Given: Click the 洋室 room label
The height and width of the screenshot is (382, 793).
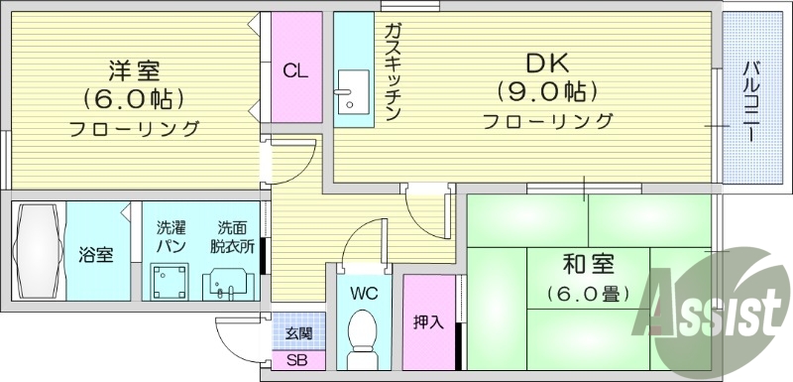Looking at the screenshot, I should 134,70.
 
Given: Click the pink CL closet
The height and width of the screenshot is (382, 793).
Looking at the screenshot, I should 294,69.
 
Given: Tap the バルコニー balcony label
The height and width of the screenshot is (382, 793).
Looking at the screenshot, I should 750,99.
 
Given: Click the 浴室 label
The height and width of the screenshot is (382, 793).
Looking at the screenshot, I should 96,255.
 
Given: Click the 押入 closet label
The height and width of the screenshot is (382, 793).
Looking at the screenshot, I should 428,323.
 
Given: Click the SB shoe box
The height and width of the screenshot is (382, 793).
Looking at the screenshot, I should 296,360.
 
